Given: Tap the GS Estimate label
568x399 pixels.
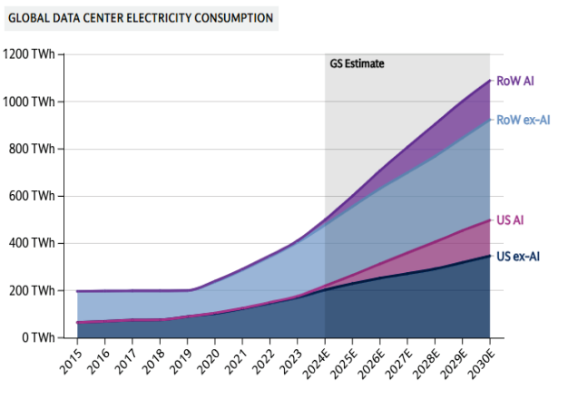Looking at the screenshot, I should (x=357, y=63).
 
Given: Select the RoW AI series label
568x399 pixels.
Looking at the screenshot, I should (x=514, y=81).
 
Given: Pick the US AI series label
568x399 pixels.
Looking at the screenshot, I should (x=511, y=219).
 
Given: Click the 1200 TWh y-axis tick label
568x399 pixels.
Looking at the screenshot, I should (x=30, y=54).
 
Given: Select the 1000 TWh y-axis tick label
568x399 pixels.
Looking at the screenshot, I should (x=30, y=102).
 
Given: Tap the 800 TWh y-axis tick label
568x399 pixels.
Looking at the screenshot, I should (x=33, y=149).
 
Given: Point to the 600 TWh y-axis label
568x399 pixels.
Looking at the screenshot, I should (x=33, y=196).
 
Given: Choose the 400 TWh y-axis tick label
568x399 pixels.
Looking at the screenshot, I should (x=33, y=243).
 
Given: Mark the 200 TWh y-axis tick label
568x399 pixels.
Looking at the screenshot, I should (x=33, y=290).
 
